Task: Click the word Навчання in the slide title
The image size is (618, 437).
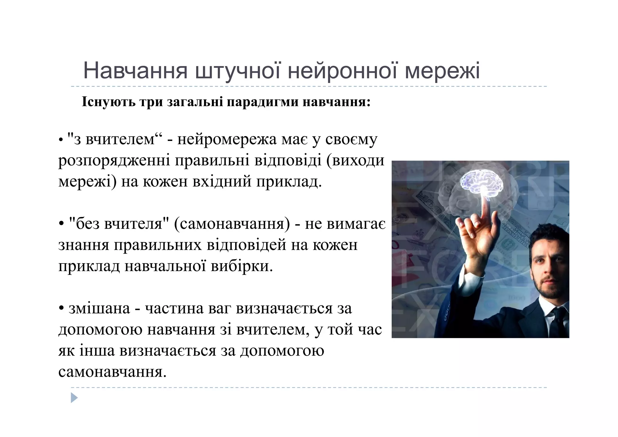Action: tap(135, 71)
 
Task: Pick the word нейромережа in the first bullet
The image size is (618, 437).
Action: tap(227, 139)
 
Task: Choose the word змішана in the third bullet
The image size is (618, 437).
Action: tap(99, 308)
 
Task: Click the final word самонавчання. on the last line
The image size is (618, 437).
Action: tap(112, 372)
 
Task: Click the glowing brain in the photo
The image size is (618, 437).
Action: tap(482, 182)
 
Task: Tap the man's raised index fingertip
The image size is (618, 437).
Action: tap(486, 202)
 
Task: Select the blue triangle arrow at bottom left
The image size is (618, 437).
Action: tap(74, 398)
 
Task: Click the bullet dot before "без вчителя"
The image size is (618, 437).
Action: tap(62, 224)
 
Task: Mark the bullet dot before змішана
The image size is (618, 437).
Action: tap(62, 309)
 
